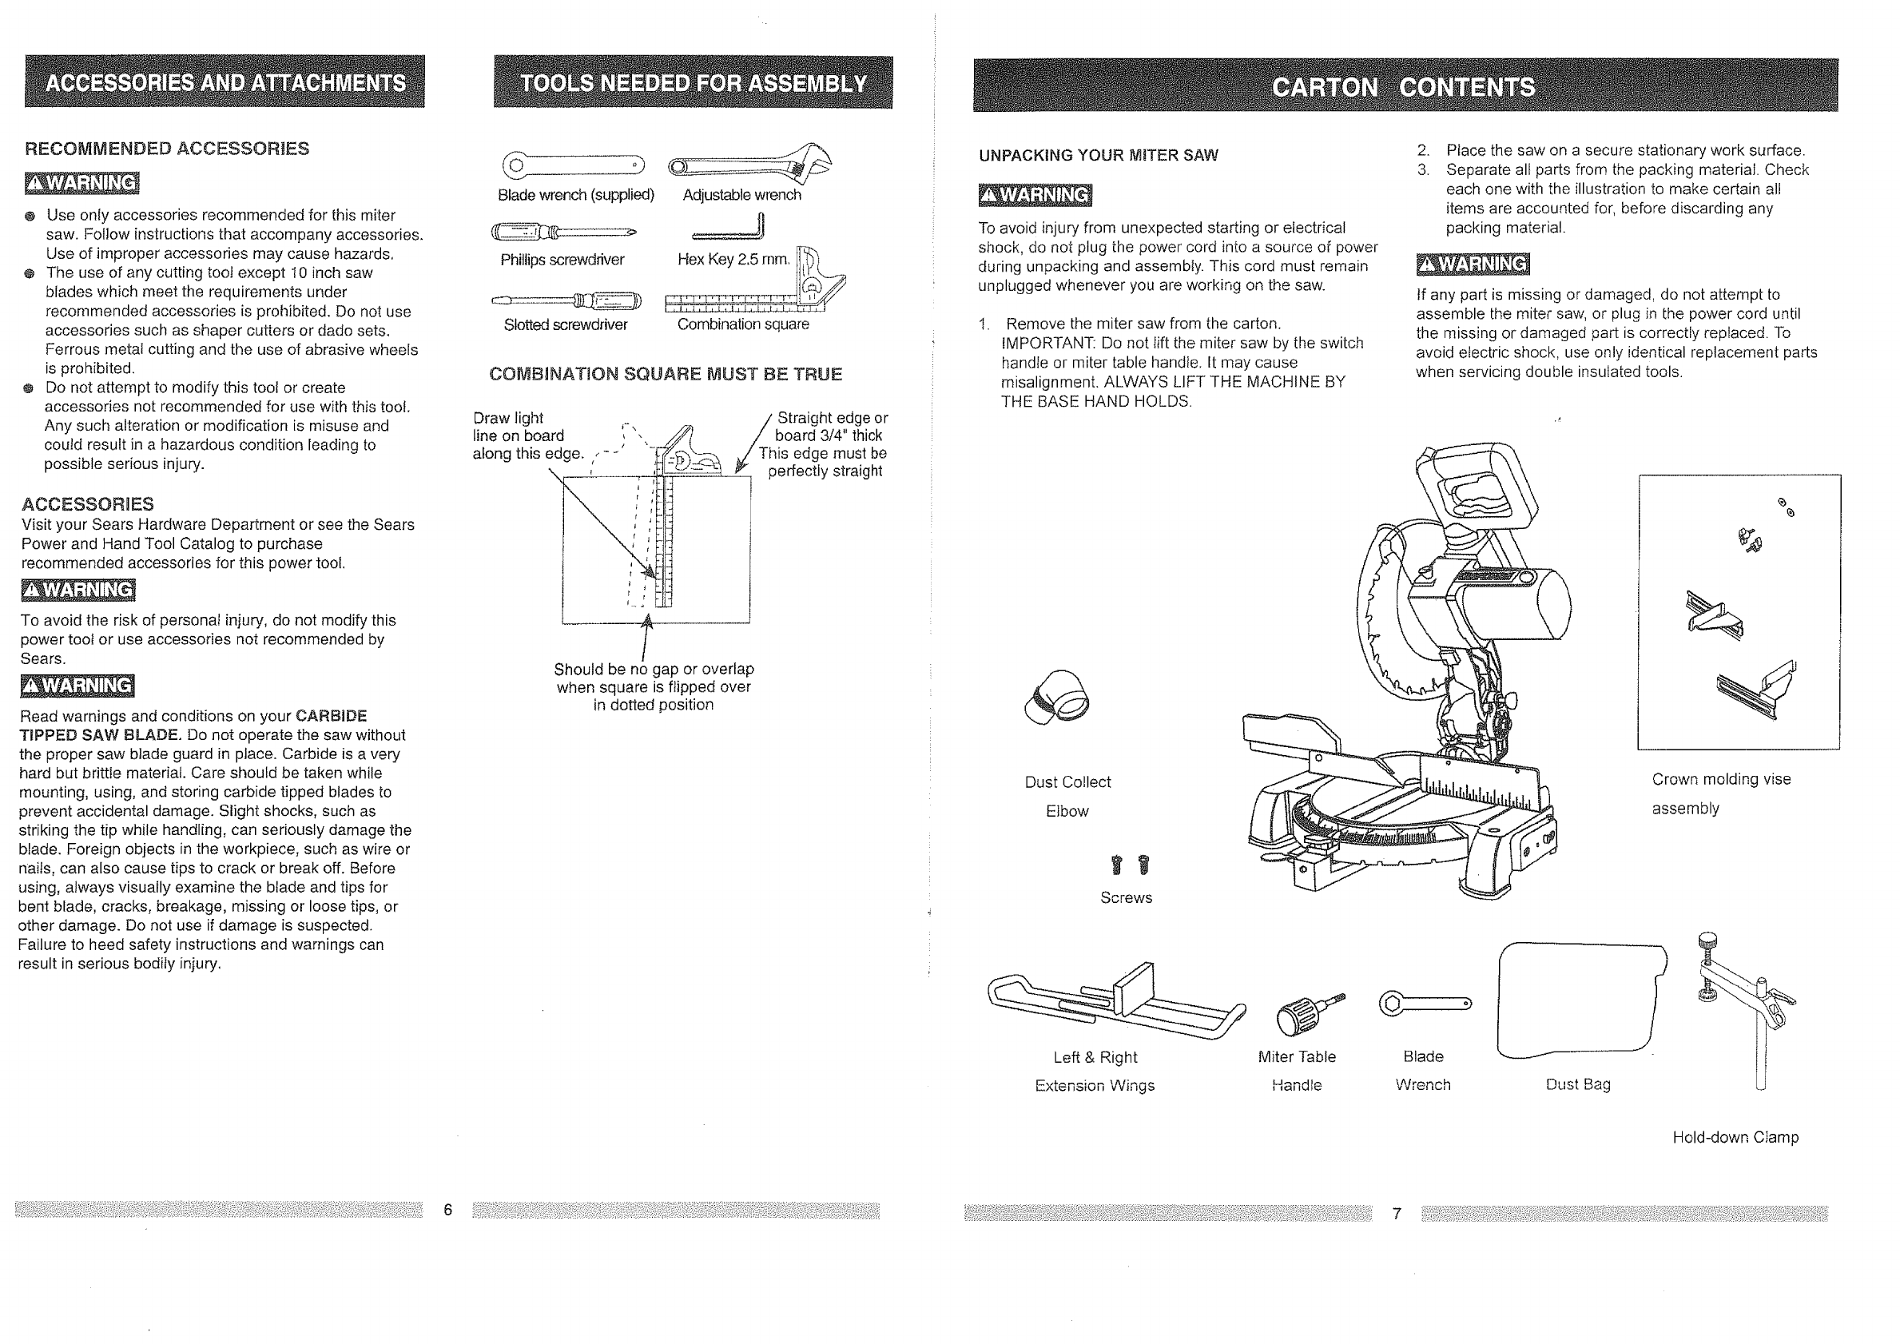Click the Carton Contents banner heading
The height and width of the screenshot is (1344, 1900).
[1404, 86]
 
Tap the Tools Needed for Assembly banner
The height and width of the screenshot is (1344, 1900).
[694, 83]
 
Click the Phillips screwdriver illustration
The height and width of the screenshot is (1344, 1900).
[562, 231]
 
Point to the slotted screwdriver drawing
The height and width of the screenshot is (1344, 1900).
[566, 299]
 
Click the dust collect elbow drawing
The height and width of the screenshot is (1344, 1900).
[1057, 697]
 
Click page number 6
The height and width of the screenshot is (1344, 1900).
[447, 1210]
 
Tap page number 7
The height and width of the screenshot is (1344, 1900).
[1397, 1213]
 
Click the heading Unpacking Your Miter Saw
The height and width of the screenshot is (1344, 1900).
[1098, 156]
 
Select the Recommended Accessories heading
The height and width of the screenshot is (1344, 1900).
[167, 149]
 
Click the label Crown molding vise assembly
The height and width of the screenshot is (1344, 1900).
[1720, 793]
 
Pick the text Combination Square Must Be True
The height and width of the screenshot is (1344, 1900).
[666, 374]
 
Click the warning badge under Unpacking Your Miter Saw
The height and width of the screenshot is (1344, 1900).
[1035, 195]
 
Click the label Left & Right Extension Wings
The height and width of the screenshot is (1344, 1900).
[1094, 1071]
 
